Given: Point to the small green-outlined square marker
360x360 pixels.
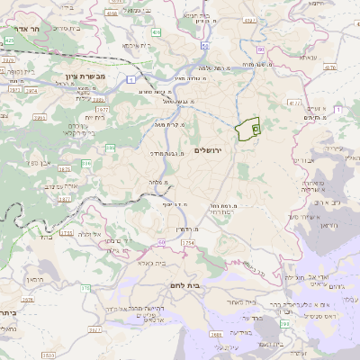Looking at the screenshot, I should coord(256,130).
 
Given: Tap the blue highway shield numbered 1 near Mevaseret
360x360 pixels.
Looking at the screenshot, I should coord(131,80).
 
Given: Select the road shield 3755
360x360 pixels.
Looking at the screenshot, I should coord(187,243).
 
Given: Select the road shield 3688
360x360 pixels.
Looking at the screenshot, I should coord(216,335).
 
